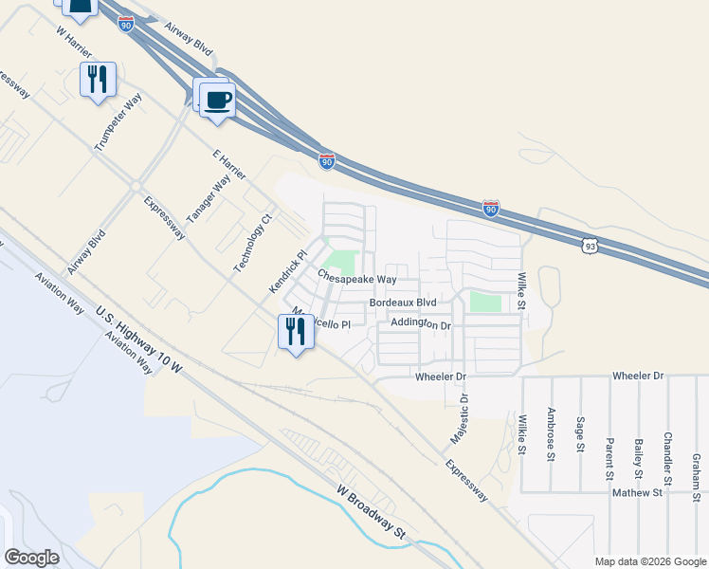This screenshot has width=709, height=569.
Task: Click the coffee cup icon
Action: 218,99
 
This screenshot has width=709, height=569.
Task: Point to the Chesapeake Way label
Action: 356,280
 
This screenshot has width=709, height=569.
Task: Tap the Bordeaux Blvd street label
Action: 402,303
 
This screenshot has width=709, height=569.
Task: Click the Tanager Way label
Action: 209,196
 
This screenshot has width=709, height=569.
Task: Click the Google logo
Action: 31,558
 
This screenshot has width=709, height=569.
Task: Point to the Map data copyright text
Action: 649,561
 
